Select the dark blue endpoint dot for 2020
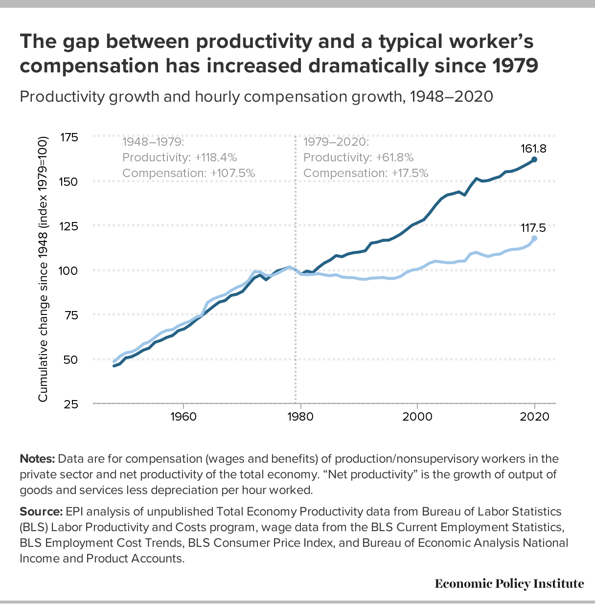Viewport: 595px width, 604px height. click(534, 159)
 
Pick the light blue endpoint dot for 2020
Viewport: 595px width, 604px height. click(534, 238)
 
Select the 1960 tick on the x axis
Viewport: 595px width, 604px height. click(183, 417)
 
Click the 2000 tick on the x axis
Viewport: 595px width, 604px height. click(417, 417)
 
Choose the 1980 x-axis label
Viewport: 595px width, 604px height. click(300, 417)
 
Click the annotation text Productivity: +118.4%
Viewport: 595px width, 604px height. click(180, 157)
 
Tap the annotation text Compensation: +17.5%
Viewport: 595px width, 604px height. click(366, 173)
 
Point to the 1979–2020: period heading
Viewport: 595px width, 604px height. click(336, 142)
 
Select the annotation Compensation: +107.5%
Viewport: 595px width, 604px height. click(188, 173)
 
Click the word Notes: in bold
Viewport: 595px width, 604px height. click(37, 459)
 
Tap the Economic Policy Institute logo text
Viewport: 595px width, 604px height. click(509, 583)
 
